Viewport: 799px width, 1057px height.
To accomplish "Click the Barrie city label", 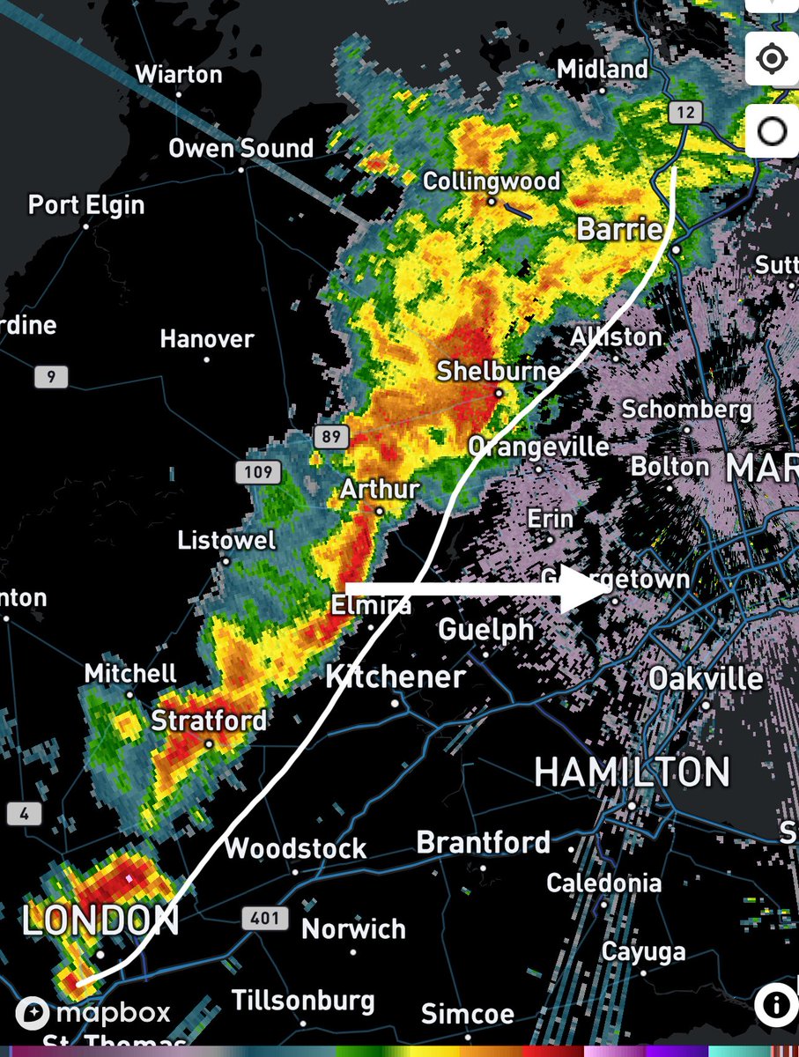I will [619, 230].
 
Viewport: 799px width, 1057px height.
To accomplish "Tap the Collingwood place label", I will [492, 181].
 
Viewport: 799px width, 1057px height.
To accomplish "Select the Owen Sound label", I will [240, 148].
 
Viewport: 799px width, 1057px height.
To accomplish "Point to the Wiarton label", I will [179, 74].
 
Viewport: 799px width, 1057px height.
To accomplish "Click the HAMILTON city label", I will [632, 772].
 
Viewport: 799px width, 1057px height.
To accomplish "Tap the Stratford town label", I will [209, 721].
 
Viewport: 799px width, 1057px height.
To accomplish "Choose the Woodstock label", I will [295, 849].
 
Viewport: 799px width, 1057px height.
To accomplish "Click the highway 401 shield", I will [264, 919].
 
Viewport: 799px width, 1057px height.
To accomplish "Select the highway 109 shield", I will [258, 472].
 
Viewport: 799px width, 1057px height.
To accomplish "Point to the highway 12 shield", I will [684, 112].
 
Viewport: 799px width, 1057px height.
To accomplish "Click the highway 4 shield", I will [24, 813].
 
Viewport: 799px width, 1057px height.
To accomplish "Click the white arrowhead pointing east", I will [581, 589].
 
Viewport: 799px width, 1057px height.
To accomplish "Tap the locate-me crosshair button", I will [772, 59].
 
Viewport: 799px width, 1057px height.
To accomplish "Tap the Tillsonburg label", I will [303, 1001].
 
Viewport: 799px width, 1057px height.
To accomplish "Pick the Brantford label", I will [483, 842].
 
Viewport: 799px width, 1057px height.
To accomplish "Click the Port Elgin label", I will [86, 205].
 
